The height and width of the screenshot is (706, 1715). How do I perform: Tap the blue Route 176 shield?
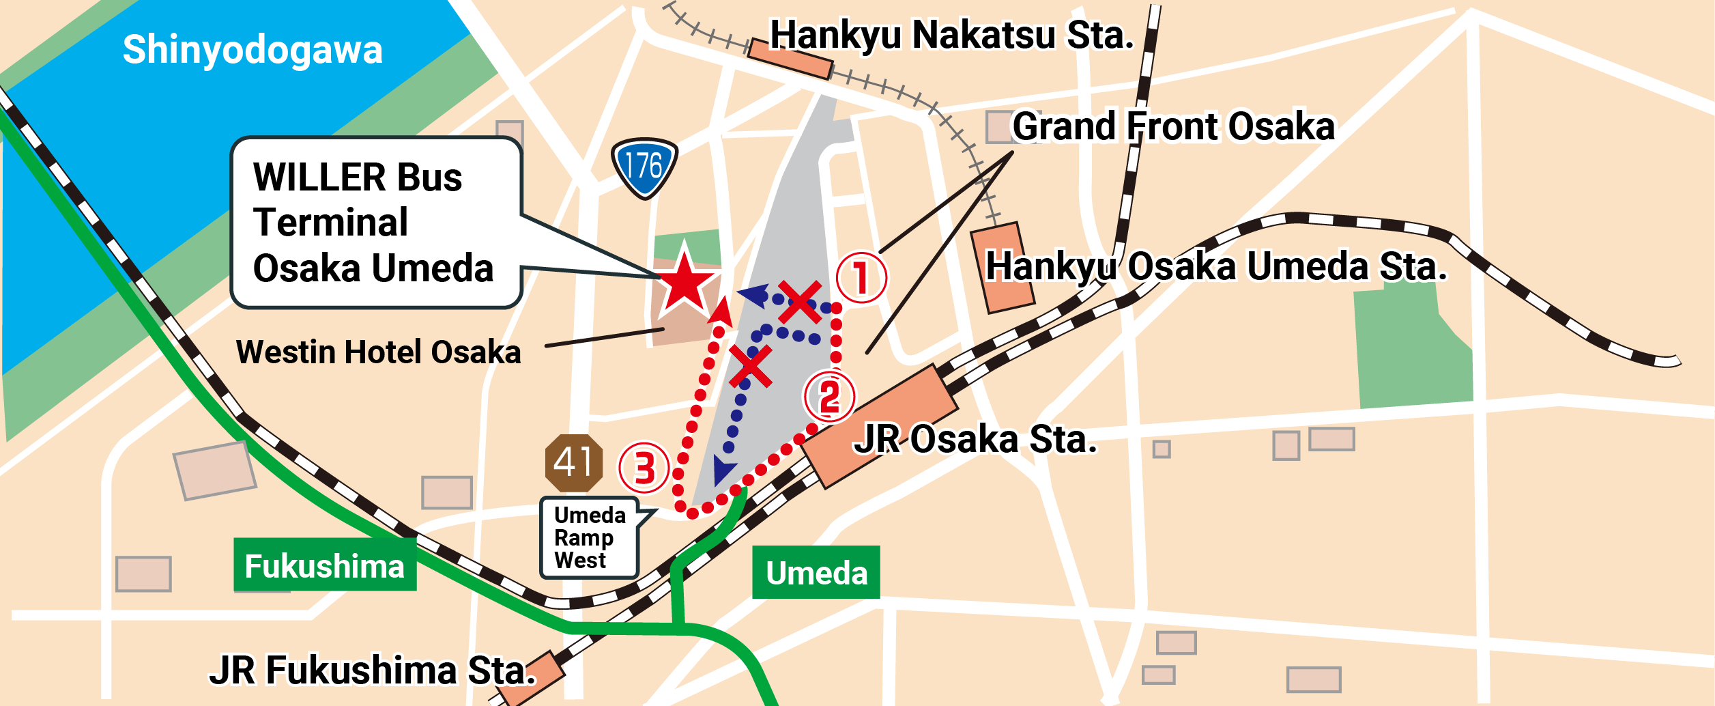[644, 167]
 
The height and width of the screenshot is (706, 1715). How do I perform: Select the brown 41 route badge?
[574, 463]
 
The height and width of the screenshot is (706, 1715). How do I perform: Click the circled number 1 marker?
[861, 278]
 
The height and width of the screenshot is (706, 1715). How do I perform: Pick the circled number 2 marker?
[829, 397]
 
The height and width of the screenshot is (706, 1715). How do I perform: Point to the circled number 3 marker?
[644, 468]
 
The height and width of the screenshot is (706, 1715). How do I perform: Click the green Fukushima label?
[325, 565]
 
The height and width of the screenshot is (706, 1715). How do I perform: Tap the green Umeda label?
[816, 572]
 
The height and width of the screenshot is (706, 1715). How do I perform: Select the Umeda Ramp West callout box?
[590, 537]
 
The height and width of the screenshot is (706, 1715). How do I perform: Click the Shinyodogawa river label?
[253, 50]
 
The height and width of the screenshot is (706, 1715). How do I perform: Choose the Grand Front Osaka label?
[1173, 126]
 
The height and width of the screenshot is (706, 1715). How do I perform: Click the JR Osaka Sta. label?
[976, 439]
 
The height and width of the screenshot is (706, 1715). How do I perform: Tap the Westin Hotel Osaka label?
[379, 352]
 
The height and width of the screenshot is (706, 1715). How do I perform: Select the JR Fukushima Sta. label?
[373, 670]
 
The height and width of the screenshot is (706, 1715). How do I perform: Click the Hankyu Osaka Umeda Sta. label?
[1216, 266]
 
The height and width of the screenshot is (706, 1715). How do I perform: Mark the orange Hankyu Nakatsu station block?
[790, 59]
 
